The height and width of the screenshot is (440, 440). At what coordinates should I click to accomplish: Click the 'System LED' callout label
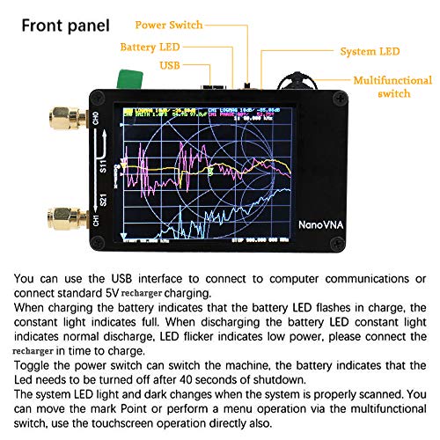(366, 50)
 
